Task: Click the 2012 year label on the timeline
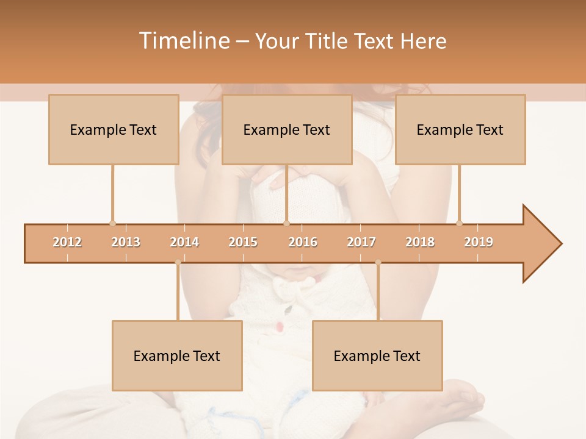[67, 242]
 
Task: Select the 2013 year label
[126, 242]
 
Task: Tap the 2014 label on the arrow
[184, 242]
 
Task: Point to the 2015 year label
[243, 242]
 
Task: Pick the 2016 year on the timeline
[303, 242]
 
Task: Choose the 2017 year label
[361, 242]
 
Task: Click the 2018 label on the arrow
[420, 242]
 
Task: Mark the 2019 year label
[479, 242]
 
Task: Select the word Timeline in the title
[183, 41]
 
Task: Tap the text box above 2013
[114, 129]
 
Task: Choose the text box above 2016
[287, 129]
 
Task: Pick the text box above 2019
[460, 129]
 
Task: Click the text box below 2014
[177, 355]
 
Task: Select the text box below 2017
[377, 355]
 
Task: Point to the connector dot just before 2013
[112, 223]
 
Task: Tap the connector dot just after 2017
[378, 262]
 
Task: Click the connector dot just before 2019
[459, 223]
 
